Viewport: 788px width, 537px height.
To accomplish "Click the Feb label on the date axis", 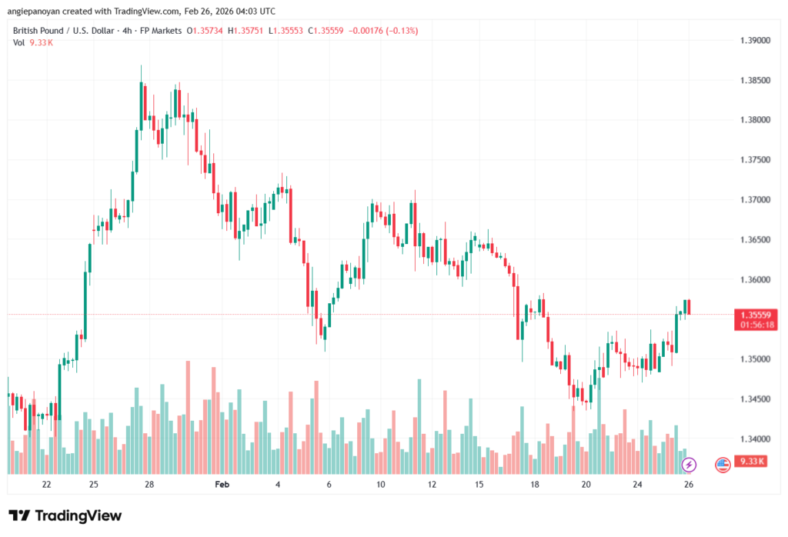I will (x=222, y=485).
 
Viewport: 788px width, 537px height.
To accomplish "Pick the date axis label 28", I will (x=149, y=485).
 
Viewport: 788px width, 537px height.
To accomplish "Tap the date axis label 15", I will (x=479, y=485).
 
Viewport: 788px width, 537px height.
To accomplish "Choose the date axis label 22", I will (x=47, y=485).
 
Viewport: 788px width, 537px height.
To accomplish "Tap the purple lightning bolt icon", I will (x=689, y=464).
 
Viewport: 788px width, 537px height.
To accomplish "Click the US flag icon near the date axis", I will (x=723, y=464).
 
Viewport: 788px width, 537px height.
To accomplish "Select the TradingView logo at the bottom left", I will (x=65, y=515).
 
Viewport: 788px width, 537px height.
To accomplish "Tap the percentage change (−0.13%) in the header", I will (x=397, y=30).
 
